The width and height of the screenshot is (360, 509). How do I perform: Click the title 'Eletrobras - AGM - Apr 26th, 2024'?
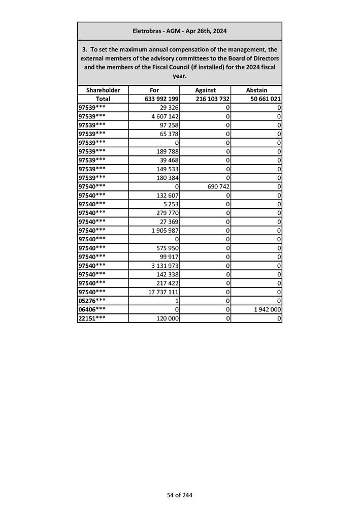tap(179, 31)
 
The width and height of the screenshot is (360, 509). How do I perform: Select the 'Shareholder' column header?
tap(103, 90)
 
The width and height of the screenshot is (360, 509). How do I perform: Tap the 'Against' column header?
tap(205, 90)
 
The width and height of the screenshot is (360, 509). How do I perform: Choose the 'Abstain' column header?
tap(256, 90)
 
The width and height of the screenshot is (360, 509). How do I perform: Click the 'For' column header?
tap(154, 90)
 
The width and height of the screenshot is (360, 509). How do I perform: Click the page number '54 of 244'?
tap(180, 495)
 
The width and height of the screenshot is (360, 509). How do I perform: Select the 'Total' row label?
tap(103, 99)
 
